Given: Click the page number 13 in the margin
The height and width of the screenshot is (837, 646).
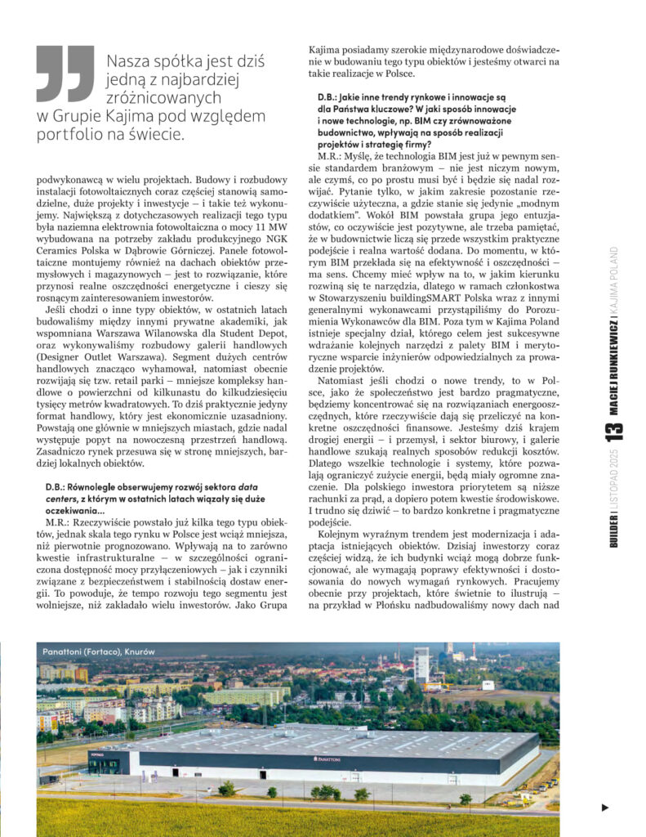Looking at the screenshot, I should click(x=615, y=431).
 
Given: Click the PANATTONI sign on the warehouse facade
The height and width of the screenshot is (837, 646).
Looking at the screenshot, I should click(x=327, y=759).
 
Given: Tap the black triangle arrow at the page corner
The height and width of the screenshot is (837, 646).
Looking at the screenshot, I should click(x=605, y=808).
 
